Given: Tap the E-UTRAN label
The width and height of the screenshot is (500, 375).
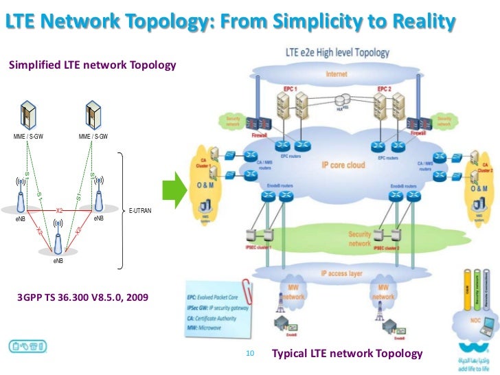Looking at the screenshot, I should pyautogui.click(x=140, y=209).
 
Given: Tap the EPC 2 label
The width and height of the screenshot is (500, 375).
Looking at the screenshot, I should pyautogui.click(x=385, y=89).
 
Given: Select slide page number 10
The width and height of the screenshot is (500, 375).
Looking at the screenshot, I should pyautogui.click(x=249, y=334).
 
